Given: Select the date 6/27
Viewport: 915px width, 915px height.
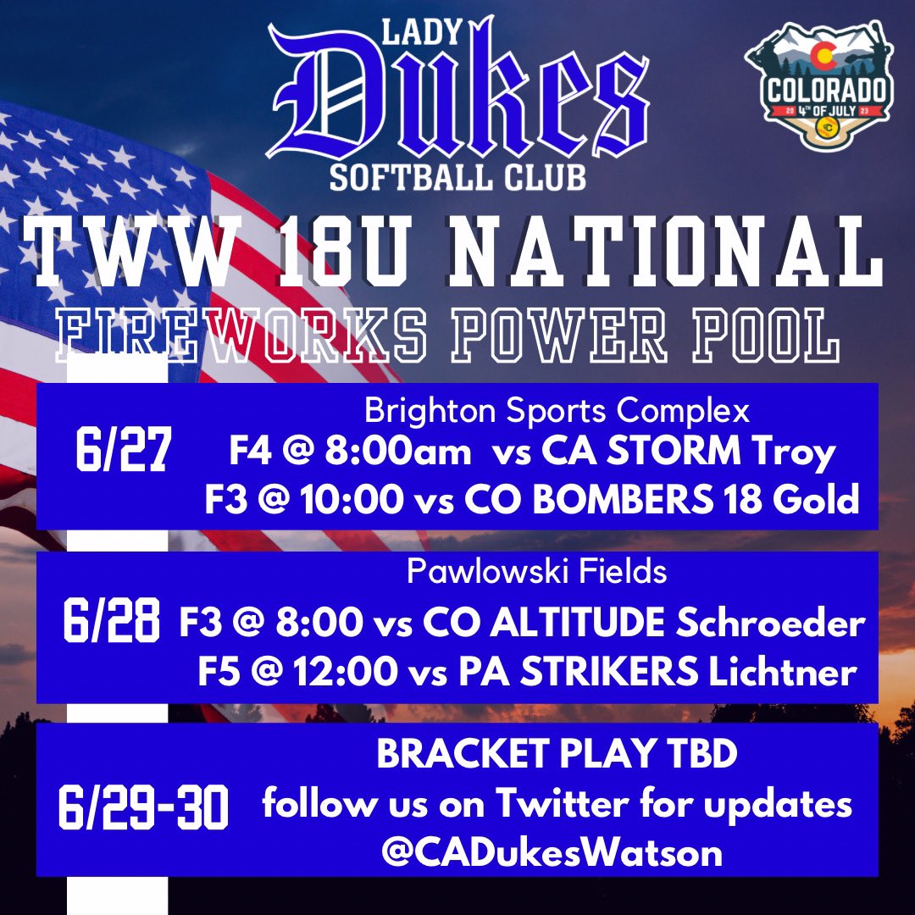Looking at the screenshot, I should pyautogui.click(x=124, y=455).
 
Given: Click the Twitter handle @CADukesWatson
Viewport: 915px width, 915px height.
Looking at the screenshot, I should pyautogui.click(x=552, y=851).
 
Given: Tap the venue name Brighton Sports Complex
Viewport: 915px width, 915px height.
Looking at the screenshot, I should pyautogui.click(x=557, y=412).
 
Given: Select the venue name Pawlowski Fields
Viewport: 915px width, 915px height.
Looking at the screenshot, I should pyautogui.click(x=536, y=573).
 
